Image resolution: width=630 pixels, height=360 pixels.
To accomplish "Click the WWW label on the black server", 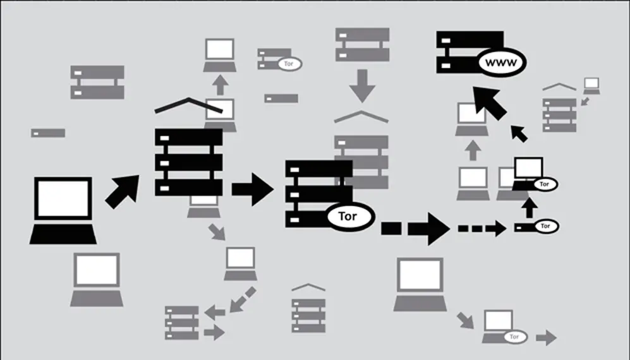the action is click(501, 63).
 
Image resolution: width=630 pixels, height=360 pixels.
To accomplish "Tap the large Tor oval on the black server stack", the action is click(348, 216).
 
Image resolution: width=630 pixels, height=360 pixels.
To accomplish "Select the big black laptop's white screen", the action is click(63, 198).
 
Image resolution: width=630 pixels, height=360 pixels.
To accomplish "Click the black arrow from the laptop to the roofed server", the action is click(123, 191).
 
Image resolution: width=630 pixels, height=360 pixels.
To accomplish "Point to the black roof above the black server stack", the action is click(188, 104).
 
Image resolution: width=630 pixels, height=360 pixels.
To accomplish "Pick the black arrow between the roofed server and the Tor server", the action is click(252, 189).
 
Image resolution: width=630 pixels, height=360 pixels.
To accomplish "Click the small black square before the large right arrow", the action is click(391, 229).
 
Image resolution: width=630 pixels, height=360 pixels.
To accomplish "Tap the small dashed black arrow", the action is click(482, 229).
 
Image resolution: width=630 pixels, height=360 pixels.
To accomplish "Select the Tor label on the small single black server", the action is click(545, 226).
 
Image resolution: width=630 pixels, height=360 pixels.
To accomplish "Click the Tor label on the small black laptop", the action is click(545, 184).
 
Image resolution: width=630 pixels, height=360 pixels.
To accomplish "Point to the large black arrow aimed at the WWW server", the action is click(489, 102).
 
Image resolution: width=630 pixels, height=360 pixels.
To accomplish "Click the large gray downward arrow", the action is click(362, 86).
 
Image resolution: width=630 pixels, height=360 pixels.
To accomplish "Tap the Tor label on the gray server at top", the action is click(289, 64).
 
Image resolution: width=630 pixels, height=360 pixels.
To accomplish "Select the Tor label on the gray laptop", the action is click(514, 337).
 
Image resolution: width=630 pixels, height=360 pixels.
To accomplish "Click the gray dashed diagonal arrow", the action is click(242, 300).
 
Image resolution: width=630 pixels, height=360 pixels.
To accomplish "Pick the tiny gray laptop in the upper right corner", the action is click(591, 86).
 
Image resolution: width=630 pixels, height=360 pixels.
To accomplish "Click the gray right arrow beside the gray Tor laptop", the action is click(547, 337).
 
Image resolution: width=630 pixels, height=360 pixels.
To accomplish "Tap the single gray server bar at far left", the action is click(48, 133).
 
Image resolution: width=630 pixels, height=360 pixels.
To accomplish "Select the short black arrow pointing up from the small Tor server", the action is click(530, 208).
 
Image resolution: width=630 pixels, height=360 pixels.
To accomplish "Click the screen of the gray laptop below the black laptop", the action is click(97, 270).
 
